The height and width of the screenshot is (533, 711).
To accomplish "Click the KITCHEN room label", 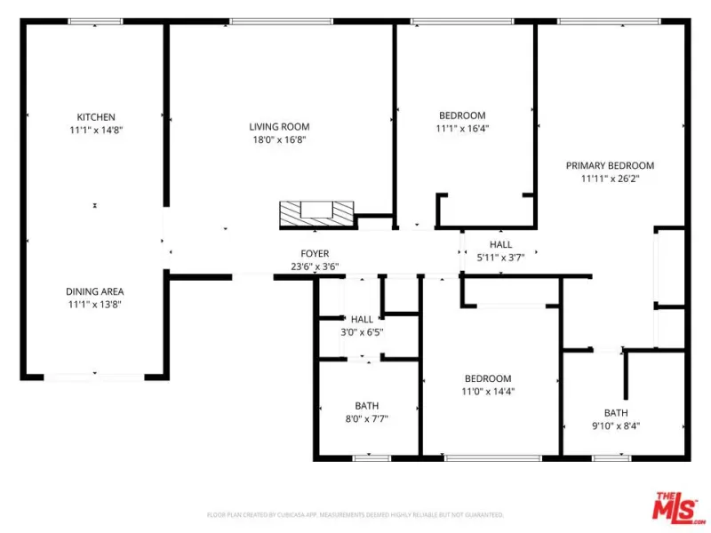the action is pyautogui.click(x=96, y=117).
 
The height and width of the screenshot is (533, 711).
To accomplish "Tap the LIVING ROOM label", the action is pyautogui.click(x=279, y=127).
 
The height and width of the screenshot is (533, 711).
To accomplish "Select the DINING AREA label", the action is pyautogui.click(x=95, y=291).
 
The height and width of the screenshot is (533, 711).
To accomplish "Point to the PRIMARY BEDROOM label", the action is pyautogui.click(x=610, y=165).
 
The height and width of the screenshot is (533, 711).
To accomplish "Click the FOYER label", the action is pyautogui.click(x=315, y=253).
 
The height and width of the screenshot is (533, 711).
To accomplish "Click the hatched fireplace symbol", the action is pyautogui.click(x=316, y=213).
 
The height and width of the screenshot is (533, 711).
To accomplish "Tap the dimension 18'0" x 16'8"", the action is pyautogui.click(x=279, y=139).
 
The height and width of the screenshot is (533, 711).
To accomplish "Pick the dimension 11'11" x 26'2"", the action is pyautogui.click(x=610, y=179).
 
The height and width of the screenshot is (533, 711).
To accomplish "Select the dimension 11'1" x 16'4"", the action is pyautogui.click(x=462, y=128).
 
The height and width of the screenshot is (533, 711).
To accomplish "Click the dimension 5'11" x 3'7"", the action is pyautogui.click(x=500, y=258).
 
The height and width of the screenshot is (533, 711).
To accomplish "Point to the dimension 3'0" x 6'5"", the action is pyautogui.click(x=362, y=331).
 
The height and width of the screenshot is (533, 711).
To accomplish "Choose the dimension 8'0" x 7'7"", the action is pyautogui.click(x=366, y=418).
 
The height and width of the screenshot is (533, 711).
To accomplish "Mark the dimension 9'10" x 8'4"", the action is pyautogui.click(x=616, y=426).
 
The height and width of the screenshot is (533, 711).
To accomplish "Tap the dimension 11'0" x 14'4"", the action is pyautogui.click(x=488, y=391).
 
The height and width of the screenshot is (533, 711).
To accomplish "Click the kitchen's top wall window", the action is pyautogui.click(x=95, y=21).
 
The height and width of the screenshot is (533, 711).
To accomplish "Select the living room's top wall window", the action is pyautogui.click(x=281, y=21).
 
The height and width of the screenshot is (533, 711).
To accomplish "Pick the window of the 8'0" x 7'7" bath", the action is pyautogui.click(x=371, y=458).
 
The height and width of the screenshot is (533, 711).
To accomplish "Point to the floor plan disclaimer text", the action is pyautogui.click(x=355, y=515).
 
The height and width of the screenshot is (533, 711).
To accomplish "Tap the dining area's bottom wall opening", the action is pyautogui.click(x=94, y=377).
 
